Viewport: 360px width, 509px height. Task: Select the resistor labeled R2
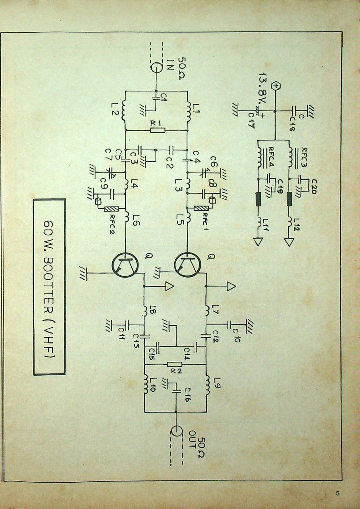174,364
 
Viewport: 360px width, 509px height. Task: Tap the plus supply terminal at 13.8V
275,86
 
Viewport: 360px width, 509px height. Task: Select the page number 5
337,493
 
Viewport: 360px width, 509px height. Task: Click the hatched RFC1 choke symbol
201,208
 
